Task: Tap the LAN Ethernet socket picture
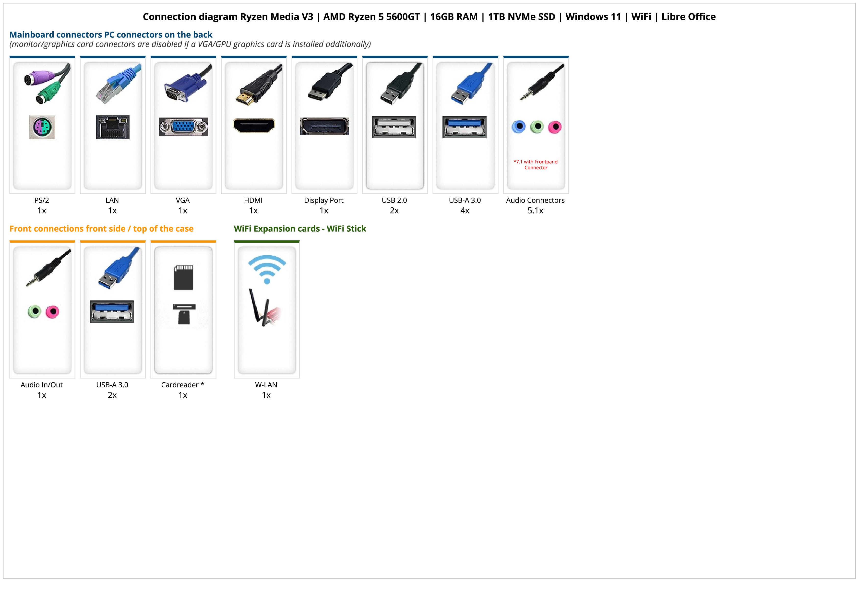pos(113,127)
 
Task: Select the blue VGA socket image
pos(183,127)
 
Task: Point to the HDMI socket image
pos(254,125)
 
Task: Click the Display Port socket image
pos(324,126)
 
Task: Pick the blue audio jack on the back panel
pos(519,127)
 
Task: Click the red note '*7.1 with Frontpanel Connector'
pos(536,165)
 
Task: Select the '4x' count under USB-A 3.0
pos(465,211)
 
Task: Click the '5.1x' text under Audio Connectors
pos(535,211)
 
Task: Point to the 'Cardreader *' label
pos(183,385)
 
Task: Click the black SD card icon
pos(183,277)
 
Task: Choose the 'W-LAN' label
pos(266,385)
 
